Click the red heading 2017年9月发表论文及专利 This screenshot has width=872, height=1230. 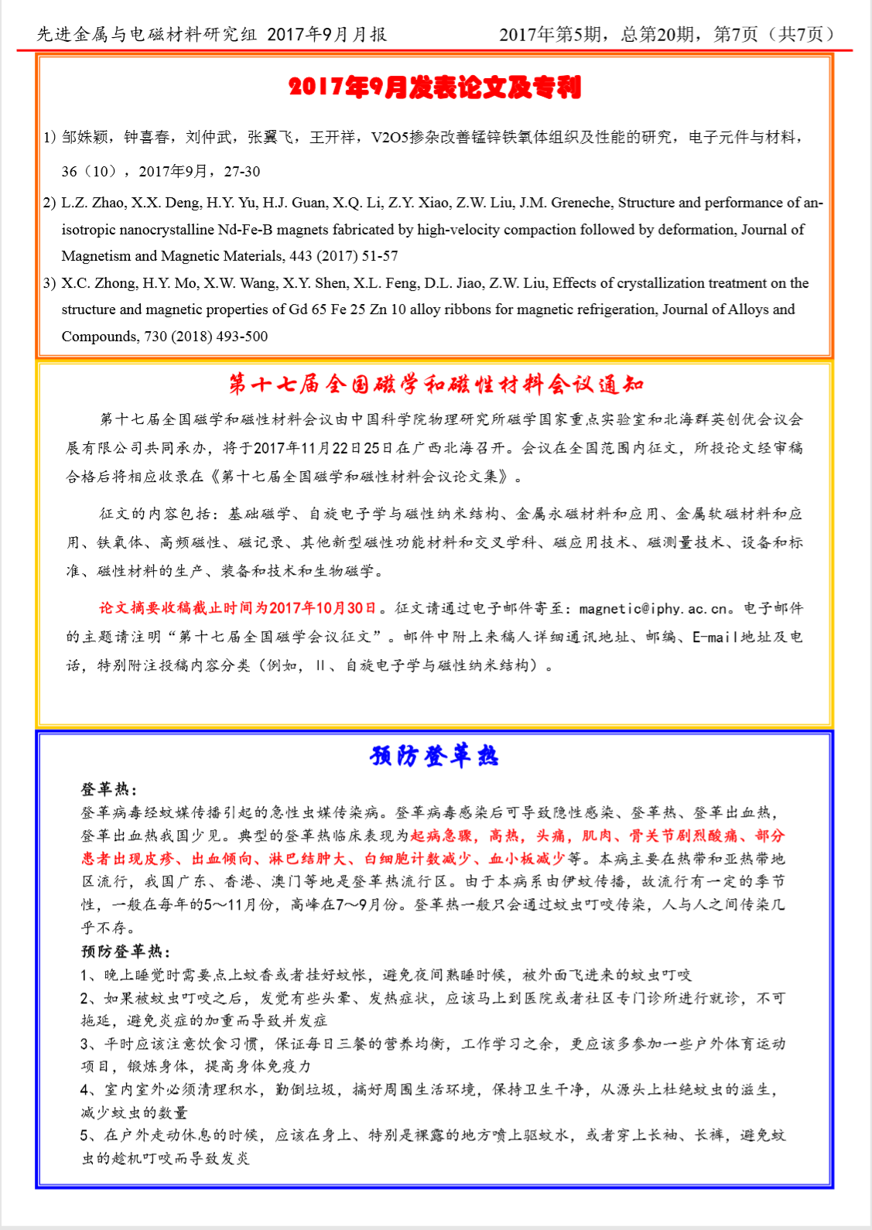pyautogui.click(x=435, y=87)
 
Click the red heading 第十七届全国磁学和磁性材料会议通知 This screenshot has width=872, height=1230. pyautogui.click(x=436, y=384)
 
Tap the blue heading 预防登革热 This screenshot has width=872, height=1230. pyautogui.click(x=435, y=756)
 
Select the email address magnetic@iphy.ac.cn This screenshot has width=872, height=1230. pyautogui.click(x=653, y=609)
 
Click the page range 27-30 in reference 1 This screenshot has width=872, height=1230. pyautogui.click(x=242, y=172)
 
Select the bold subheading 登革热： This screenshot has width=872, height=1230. pyautogui.click(x=109, y=789)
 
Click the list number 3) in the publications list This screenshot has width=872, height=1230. pyautogui.click(x=50, y=283)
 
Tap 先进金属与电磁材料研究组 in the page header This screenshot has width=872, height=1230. pyautogui.click(x=146, y=35)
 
